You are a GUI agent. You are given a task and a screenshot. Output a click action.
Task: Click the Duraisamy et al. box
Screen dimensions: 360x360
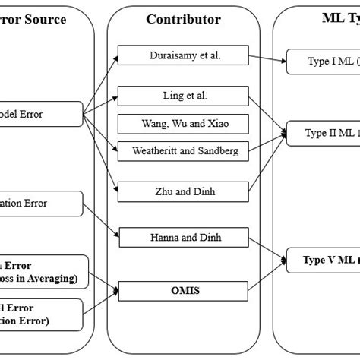180,55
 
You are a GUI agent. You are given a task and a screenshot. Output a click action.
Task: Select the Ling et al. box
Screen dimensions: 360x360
180,96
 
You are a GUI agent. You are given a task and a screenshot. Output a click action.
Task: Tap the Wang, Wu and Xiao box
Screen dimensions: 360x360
180,123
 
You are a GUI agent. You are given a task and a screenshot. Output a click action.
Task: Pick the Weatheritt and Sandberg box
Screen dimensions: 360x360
180,151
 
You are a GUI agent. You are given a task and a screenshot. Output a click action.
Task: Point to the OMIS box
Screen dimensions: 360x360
180,289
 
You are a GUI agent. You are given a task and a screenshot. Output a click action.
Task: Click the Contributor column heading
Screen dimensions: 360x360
179,18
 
